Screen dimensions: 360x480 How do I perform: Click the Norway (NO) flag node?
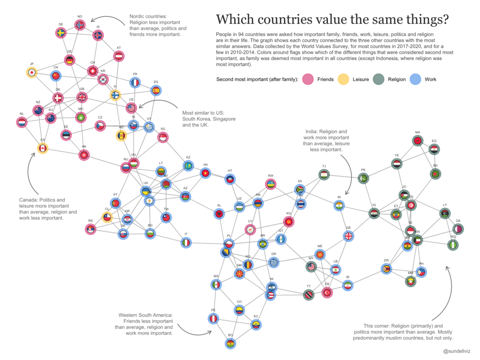(x=80, y=24)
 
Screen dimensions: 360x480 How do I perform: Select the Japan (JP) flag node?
(x=32, y=72)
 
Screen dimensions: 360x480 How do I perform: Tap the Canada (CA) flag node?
(x=43, y=148)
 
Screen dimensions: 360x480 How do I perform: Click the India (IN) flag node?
(x=339, y=205)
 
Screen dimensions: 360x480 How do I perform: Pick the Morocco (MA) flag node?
(x=417, y=140)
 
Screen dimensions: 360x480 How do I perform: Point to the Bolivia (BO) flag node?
(x=230, y=344)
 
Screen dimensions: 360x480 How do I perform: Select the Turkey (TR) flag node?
(x=327, y=292)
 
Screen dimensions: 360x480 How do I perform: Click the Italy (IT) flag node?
(x=186, y=242)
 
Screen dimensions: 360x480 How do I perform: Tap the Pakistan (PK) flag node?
(x=363, y=178)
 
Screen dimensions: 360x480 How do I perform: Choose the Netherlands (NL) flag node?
(x=22, y=122)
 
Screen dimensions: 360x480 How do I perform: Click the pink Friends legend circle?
(x=307, y=79)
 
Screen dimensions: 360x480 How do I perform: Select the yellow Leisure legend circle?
(x=343, y=79)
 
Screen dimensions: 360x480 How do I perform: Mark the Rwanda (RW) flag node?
(x=270, y=184)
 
